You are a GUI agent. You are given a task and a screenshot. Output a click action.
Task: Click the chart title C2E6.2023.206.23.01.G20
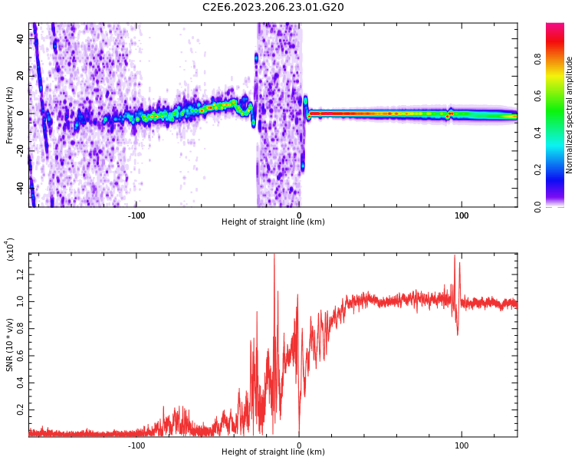(x=273, y=8)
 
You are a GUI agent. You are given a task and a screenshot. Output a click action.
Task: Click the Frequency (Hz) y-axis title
(x=10, y=115)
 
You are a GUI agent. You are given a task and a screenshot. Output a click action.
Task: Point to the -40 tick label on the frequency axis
(x=20, y=186)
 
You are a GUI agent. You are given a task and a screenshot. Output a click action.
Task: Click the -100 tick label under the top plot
(x=136, y=215)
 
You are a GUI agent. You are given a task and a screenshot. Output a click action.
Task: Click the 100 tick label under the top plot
(x=462, y=215)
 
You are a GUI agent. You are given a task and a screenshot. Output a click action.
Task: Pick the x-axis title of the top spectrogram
(x=273, y=222)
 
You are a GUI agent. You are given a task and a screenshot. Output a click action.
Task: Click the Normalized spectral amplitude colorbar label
(x=570, y=115)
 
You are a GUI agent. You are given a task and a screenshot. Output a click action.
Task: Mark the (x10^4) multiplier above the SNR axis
(x=10, y=249)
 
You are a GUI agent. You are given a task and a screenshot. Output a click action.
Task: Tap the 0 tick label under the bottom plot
(x=299, y=444)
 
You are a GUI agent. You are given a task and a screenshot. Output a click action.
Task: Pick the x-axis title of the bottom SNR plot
(x=273, y=452)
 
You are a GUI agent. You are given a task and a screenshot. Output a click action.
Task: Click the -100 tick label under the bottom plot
(x=136, y=444)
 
